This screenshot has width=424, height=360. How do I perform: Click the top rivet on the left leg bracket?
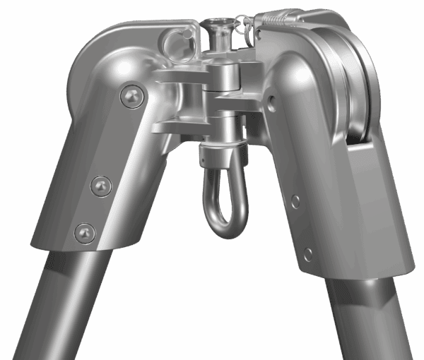pyautogui.click(x=132, y=96)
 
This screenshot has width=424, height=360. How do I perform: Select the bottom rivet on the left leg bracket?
pyautogui.click(x=85, y=232)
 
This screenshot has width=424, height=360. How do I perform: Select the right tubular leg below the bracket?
pyautogui.click(x=367, y=318)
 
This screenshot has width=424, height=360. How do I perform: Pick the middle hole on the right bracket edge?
pyautogui.click(x=295, y=201)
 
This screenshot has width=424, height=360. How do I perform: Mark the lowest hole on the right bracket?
pyautogui.click(x=308, y=253)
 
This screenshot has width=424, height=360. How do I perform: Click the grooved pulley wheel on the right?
pyautogui.click(x=357, y=78)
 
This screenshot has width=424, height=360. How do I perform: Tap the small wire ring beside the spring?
pyautogui.click(x=243, y=24)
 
